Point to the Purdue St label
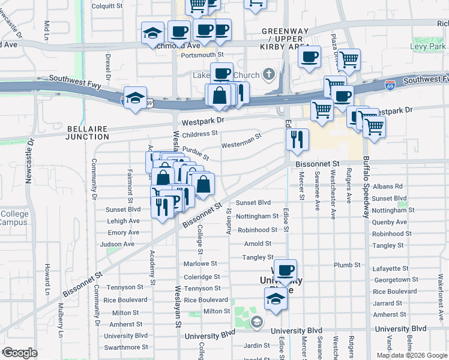[196, 153]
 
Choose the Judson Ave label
[117, 244]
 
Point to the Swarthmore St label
[126, 347]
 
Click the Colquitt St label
[107, 7]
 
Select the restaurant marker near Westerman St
[297, 140]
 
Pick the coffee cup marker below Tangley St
[285, 270]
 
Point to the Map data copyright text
[412, 355]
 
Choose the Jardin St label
[257, 346]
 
